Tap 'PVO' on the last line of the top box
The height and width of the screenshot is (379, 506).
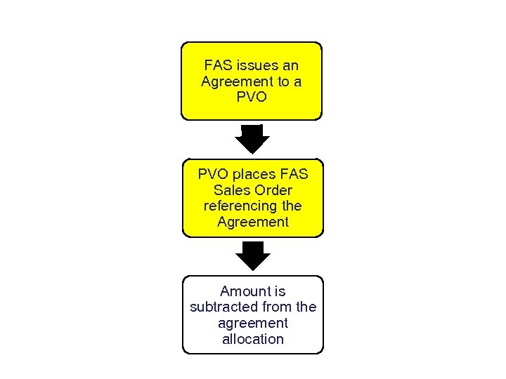pyautogui.click(x=252, y=98)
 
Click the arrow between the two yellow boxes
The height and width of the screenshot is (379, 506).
pyautogui.click(x=252, y=140)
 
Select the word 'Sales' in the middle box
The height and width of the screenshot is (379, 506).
pyautogui.click(x=231, y=190)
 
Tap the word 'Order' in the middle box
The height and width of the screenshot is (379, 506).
pyautogui.click(x=273, y=190)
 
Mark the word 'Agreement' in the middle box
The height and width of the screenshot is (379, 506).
pyautogui.click(x=253, y=222)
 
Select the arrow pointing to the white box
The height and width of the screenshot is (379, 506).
pyautogui.click(x=252, y=256)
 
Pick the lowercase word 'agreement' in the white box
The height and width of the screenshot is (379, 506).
pyautogui.click(x=253, y=324)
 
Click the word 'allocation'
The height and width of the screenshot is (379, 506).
pyautogui.click(x=253, y=340)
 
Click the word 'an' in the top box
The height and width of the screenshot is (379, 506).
pyautogui.click(x=290, y=65)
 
